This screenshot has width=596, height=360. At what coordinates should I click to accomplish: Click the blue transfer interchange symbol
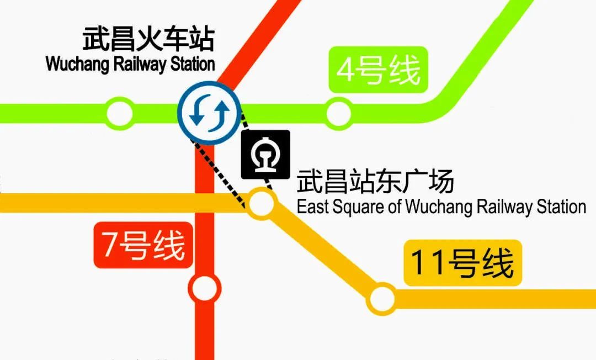pos(209,113)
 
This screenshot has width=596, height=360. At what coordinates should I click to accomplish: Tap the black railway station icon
pos(265,155)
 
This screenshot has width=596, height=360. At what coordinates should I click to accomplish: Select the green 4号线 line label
pos(378,70)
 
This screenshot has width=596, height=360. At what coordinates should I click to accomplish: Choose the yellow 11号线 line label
pos(462,262)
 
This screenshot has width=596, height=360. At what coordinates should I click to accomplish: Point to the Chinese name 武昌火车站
pos(148,40)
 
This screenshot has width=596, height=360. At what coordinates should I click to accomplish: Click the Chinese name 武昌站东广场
pos(375,181)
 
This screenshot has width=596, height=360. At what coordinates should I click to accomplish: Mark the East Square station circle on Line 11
pos(261,204)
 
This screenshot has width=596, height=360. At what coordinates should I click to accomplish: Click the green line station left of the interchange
pos(120,113)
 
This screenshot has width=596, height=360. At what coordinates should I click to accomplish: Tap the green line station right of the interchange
pos(338,114)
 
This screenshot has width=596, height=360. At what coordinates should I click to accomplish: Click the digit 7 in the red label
pos(110,245)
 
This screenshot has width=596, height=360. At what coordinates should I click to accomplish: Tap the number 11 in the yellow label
pos(427,262)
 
